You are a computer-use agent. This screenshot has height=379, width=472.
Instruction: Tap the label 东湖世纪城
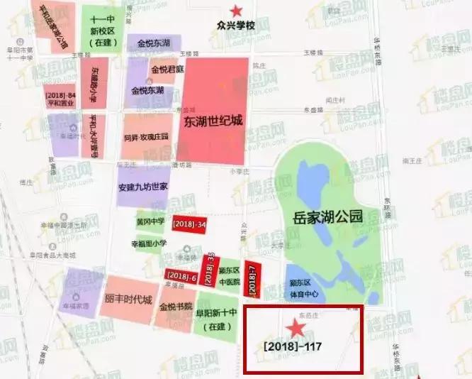tap(213, 121)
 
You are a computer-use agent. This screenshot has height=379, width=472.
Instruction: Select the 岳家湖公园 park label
tap(328, 217)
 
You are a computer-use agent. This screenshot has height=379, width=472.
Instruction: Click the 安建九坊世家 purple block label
tap(142, 187)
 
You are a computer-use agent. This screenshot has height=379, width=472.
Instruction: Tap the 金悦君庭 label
tap(167, 69)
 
